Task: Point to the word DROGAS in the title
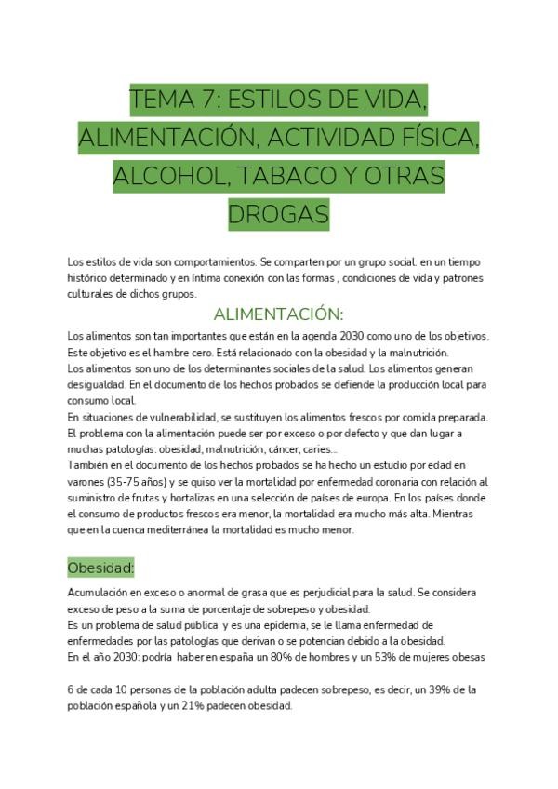tap(278, 216)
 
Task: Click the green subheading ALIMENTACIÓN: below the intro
tap(278, 314)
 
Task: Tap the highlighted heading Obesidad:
tap(101, 567)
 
